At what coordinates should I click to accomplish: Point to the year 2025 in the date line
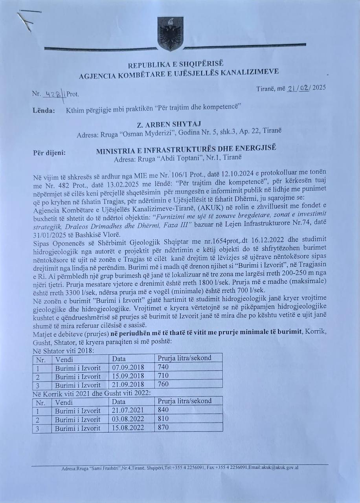pos(319,88)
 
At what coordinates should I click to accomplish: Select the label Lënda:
pos(44,111)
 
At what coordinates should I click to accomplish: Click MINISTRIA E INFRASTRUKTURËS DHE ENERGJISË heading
pos(186,149)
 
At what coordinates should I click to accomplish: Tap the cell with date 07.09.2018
pos(128,367)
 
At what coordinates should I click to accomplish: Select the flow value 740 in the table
pos(163,367)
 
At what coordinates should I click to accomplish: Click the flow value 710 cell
pos(163,376)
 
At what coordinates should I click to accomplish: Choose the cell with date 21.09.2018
pos(128,385)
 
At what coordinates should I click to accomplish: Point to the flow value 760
pos(163,384)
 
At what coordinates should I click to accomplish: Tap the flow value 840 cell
pos(163,410)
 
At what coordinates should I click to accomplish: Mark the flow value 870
pos(163,428)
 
